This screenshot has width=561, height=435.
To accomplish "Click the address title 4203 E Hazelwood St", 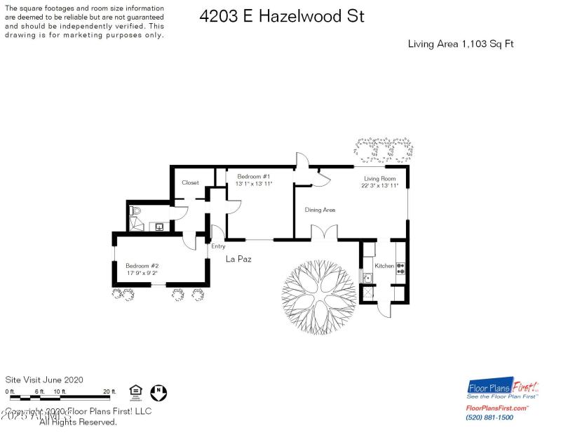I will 281,16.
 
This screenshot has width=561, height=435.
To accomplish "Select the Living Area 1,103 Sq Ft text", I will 461,44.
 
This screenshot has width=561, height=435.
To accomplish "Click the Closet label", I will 190,182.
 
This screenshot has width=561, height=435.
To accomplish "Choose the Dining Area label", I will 319,210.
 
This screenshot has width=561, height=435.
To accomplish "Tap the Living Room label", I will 379,179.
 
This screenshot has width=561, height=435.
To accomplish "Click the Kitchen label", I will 384,266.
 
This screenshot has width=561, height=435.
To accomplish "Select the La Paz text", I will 238,259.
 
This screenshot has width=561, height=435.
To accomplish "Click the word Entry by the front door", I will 218,246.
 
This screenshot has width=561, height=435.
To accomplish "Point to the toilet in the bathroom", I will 136,210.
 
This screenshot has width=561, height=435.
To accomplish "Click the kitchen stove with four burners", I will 400,267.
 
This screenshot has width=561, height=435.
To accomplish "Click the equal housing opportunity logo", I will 135,390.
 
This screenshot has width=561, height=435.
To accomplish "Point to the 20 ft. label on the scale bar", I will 109,391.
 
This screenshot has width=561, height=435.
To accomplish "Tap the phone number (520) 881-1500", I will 489,417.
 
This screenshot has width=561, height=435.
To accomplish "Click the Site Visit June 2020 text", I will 44,380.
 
